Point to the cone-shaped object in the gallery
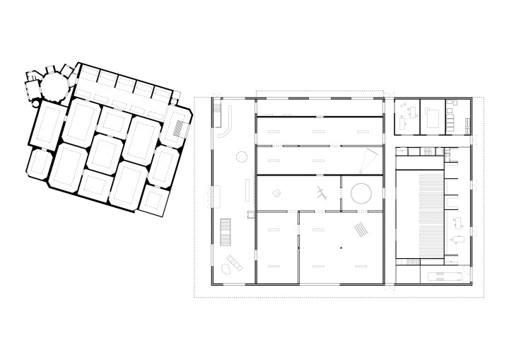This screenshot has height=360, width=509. click(x=367, y=161)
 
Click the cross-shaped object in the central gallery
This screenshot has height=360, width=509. click(x=322, y=193)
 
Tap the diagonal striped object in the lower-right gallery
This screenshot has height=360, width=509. click(x=361, y=229)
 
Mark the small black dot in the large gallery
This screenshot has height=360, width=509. click(x=340, y=247)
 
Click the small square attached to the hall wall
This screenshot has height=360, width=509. click(x=251, y=213)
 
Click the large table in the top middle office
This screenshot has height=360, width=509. click(x=433, y=115)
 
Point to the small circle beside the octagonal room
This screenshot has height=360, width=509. click(x=37, y=103)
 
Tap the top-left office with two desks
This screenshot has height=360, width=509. click(x=407, y=115)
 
